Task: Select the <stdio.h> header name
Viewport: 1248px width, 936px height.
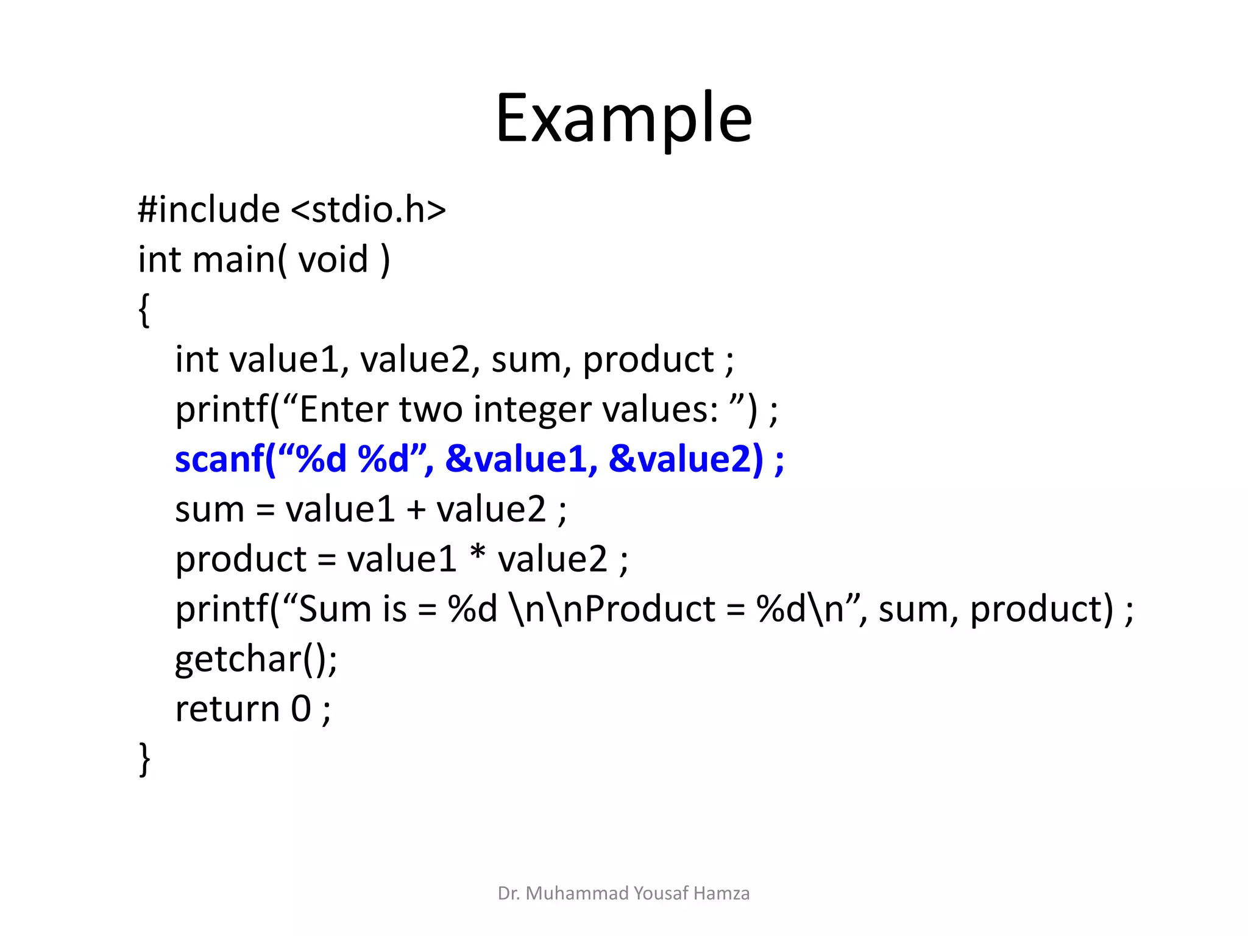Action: tap(368, 210)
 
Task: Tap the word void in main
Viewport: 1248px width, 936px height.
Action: tap(333, 260)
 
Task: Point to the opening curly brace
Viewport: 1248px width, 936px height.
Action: tap(144, 310)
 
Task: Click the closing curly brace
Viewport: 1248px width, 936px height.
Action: tap(144, 759)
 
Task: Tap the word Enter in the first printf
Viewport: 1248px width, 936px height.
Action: tap(343, 409)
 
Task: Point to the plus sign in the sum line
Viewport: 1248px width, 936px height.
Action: tap(416, 509)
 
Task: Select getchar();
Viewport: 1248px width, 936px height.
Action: tap(256, 659)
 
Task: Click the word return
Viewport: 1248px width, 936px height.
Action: tap(227, 709)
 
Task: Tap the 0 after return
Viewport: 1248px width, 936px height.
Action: tap(301, 709)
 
